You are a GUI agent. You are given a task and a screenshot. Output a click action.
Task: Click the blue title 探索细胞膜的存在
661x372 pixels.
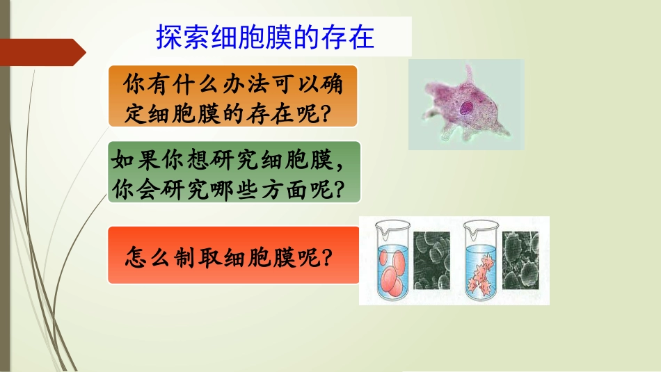coord(266,37)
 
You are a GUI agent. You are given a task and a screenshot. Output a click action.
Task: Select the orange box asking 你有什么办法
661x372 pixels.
coord(232,96)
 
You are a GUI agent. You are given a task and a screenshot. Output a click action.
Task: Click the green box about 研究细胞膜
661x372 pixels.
coord(234,172)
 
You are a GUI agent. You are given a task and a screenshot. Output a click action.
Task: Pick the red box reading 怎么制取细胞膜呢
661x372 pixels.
coord(233,255)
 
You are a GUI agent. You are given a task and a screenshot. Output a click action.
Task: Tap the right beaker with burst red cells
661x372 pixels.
coord(481,262)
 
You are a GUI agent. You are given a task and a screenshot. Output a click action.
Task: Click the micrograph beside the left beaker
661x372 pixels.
coord(431,259)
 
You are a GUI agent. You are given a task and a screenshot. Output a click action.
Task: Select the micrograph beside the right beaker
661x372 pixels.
coord(525,259)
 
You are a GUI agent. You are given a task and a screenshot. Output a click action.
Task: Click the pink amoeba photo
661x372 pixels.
coord(465,104)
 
